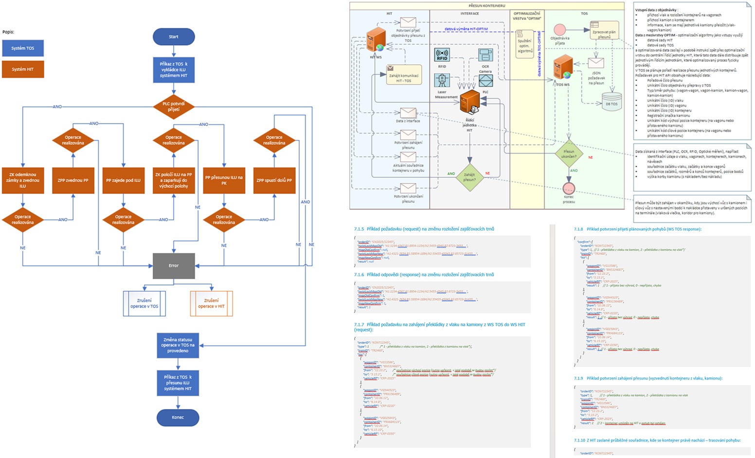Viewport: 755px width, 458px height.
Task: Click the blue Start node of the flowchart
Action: pyautogui.click(x=174, y=37)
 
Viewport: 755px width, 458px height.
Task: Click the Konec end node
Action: pyautogui.click(x=178, y=417)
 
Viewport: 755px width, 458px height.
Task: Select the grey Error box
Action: pyautogui.click(x=174, y=265)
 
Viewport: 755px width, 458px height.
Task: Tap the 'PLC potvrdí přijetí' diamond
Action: pyautogui.click(x=174, y=106)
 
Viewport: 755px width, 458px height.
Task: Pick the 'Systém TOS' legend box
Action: pyautogui.click(x=23, y=48)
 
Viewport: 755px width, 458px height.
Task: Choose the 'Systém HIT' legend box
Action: pyautogui.click(x=23, y=69)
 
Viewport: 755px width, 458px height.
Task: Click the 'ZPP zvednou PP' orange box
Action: pyautogui.click(x=73, y=180)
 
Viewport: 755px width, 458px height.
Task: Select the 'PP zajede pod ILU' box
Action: pyautogui.click(x=123, y=180)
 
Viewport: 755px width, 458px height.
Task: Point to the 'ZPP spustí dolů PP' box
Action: pyautogui.click(x=274, y=180)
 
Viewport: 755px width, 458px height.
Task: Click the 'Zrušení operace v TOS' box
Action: pyautogui.click(x=144, y=303)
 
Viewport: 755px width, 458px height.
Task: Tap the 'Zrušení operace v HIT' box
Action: pyautogui.click(x=211, y=303)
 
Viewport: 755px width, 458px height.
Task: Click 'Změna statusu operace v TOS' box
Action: pyautogui.click(x=178, y=345)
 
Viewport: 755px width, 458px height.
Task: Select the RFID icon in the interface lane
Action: pyautogui.click(x=442, y=55)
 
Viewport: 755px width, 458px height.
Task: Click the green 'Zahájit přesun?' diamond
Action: pyautogui.click(x=469, y=176)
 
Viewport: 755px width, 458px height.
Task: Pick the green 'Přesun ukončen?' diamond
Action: pyautogui.click(x=569, y=154)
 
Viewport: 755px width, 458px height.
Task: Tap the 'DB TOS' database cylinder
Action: pyautogui.click(x=611, y=101)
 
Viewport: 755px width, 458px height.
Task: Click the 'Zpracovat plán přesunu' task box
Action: pyautogui.click(x=604, y=31)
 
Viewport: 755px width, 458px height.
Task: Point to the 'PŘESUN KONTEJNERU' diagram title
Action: pyautogui.click(x=486, y=6)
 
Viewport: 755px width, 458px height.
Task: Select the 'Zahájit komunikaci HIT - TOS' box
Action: pyautogui.click(x=403, y=75)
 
